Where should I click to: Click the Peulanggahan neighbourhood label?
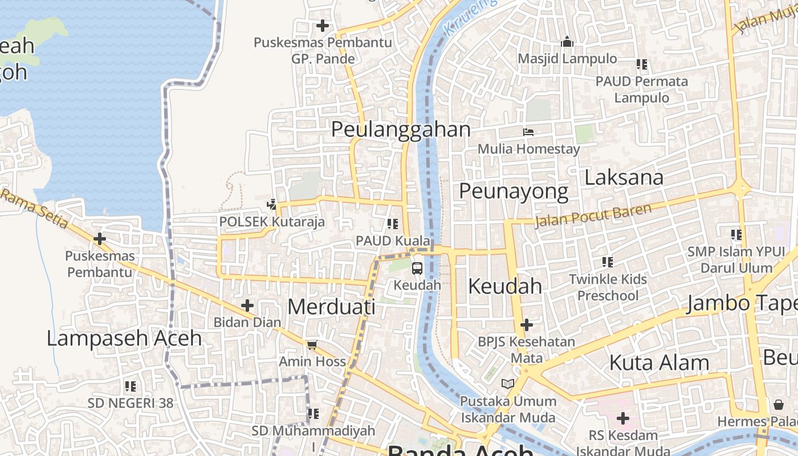(401, 129)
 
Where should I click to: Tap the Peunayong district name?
(514, 192)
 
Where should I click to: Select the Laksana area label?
(624, 178)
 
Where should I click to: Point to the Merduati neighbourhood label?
(331, 307)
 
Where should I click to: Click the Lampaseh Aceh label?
(124, 338)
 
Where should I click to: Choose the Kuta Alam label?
(659, 363)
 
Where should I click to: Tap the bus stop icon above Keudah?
(417, 268)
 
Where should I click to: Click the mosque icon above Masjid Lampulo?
(567, 42)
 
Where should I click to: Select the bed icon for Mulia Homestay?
(528, 132)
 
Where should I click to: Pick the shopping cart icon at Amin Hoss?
(312, 345)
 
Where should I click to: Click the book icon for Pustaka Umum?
(507, 384)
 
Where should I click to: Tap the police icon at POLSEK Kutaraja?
(272, 204)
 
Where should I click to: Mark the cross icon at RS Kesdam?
(623, 419)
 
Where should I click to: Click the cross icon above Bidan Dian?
(247, 306)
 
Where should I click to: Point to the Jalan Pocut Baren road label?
(593, 215)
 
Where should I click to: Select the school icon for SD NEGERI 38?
(131, 386)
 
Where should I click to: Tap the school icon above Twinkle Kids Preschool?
(608, 262)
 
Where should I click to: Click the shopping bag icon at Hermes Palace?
(779, 405)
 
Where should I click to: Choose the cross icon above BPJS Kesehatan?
(527, 325)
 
